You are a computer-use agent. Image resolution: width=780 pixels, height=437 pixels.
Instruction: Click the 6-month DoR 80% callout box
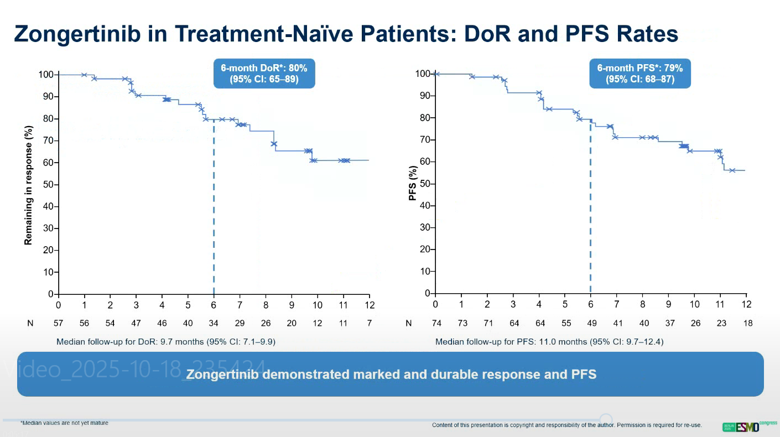(264, 73)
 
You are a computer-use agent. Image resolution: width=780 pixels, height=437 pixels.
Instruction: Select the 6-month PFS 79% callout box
(639, 73)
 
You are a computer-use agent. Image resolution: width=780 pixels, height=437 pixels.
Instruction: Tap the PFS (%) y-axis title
(412, 183)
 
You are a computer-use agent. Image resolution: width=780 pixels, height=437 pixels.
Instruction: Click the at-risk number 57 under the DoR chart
(59, 323)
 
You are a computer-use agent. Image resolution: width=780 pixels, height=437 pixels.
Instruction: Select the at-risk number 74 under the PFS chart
(435, 323)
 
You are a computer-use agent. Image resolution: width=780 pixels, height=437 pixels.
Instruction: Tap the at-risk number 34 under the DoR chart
(214, 323)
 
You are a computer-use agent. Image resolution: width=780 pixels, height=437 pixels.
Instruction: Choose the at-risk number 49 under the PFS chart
(590, 323)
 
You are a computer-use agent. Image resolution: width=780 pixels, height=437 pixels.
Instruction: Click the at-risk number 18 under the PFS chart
(748, 323)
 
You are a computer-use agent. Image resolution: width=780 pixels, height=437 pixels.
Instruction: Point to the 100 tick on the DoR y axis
(46, 75)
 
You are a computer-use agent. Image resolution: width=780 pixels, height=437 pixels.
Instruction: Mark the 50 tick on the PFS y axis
(425, 184)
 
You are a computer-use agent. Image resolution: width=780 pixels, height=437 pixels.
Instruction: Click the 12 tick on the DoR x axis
(369, 305)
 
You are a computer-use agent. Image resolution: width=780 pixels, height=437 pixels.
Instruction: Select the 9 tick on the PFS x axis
(668, 304)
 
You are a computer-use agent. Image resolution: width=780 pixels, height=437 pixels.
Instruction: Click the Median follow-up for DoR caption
(166, 342)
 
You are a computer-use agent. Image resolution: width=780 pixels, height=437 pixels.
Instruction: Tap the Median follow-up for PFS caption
(549, 342)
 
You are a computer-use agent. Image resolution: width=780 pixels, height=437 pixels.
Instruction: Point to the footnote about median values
(64, 423)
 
